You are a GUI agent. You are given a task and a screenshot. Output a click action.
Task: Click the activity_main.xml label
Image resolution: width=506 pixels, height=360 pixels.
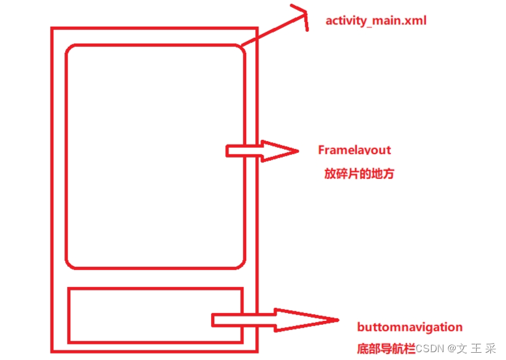tap(376, 21)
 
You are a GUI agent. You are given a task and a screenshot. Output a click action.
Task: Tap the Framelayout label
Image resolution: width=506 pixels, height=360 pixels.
tap(354, 150)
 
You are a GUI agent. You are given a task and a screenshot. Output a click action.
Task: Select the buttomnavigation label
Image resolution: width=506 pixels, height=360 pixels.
tap(410, 327)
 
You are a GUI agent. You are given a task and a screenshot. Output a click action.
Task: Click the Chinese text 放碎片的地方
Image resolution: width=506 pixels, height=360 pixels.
tap(359, 174)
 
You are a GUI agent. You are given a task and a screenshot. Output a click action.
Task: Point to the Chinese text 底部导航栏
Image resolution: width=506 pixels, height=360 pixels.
tap(386, 348)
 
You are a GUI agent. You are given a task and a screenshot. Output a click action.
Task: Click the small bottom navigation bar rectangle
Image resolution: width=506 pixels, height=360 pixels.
tap(155, 316)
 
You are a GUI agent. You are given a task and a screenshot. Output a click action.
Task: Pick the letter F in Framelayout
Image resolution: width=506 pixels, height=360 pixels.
tap(321, 150)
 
